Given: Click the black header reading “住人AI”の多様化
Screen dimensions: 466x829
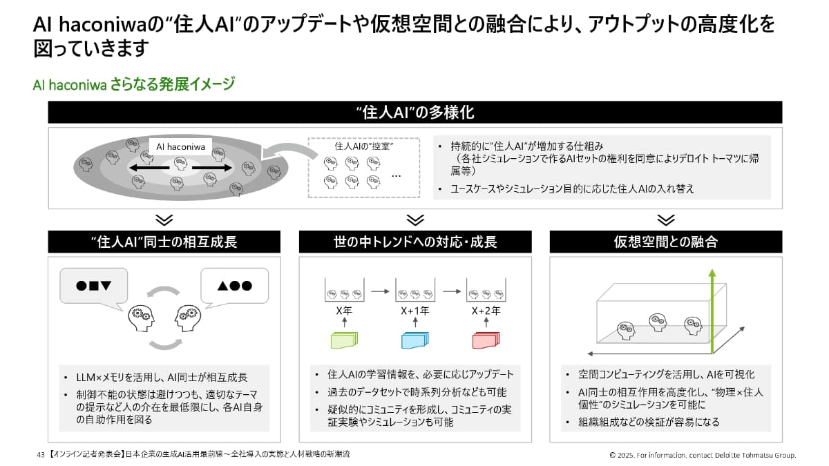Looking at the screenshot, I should tap(414, 113).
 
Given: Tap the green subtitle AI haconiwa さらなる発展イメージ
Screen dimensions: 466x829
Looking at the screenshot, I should tap(134, 85).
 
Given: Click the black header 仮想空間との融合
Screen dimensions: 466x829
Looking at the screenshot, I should tap(665, 242).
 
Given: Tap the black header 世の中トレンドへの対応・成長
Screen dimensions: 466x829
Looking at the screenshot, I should tap(414, 242).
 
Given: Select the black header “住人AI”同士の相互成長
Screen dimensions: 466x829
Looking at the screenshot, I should tap(164, 242).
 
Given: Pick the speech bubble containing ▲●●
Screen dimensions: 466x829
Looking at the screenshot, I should tap(234, 285).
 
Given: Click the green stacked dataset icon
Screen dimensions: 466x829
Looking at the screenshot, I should tap(343, 340).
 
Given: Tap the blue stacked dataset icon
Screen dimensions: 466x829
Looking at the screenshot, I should tap(414, 340).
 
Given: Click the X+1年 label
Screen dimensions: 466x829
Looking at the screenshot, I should tap(414, 311).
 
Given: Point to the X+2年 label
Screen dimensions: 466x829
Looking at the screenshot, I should tap(485, 311).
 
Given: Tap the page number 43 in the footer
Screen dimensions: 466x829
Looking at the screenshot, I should tap(40, 455).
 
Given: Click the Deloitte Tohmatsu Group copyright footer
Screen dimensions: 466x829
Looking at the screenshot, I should tap(703, 455).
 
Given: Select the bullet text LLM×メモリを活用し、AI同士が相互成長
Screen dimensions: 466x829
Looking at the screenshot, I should tap(162, 378).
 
